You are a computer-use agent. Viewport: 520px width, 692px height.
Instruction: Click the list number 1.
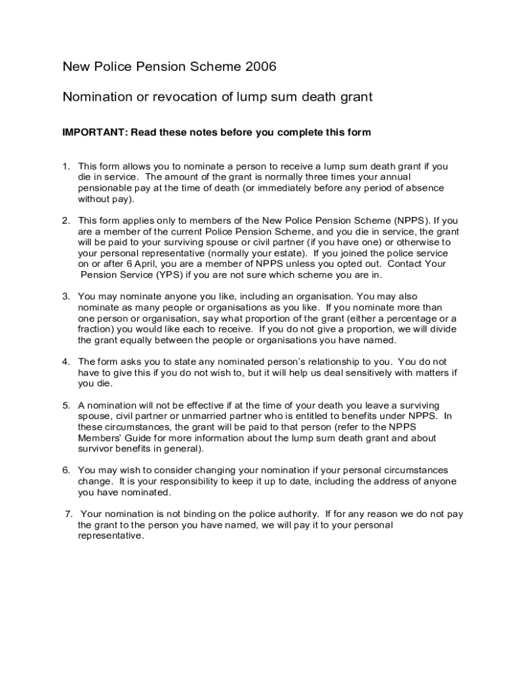point(66,166)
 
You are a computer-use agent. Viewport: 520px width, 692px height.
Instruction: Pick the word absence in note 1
point(425,188)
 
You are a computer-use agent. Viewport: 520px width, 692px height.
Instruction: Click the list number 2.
point(66,220)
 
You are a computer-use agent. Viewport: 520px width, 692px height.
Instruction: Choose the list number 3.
point(66,297)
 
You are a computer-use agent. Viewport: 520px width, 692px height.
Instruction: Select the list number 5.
point(66,405)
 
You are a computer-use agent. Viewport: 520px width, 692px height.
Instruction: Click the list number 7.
point(68,514)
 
